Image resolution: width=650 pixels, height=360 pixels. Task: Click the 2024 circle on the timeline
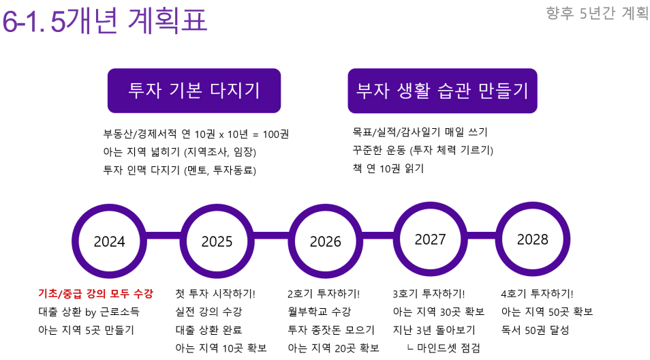tap(109, 207)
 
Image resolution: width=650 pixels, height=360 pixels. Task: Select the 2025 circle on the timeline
tap(217, 207)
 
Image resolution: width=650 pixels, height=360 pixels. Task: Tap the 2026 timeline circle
tap(326, 207)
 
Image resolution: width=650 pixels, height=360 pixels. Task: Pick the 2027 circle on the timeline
tap(431, 205)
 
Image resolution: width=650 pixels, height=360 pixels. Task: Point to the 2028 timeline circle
tap(533, 205)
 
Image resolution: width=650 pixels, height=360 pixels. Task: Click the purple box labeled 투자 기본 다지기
tap(194, 91)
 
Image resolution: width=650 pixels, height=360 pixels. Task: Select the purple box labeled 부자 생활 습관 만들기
tap(442, 91)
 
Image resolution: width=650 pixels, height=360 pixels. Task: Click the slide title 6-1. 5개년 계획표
tap(104, 20)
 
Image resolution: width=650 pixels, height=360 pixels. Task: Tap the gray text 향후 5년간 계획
tap(597, 13)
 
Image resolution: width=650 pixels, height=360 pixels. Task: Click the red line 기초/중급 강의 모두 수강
tap(96, 294)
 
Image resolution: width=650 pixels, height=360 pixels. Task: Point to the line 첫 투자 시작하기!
tap(215, 294)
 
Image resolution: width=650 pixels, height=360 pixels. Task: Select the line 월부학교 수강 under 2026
tap(319, 312)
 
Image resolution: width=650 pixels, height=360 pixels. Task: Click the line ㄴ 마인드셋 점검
tap(444, 348)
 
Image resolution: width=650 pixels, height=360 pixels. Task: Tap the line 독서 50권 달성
tap(535, 330)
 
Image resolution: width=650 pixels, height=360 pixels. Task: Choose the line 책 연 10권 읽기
tap(388, 168)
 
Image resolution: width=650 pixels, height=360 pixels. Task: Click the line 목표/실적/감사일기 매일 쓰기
tap(420, 132)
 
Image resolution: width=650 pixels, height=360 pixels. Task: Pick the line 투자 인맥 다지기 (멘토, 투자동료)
tap(179, 170)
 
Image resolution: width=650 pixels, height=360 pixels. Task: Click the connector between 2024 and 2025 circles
tap(163, 236)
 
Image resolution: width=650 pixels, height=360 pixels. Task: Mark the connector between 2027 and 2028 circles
tap(482, 236)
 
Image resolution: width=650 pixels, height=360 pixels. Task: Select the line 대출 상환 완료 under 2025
tap(208, 330)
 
